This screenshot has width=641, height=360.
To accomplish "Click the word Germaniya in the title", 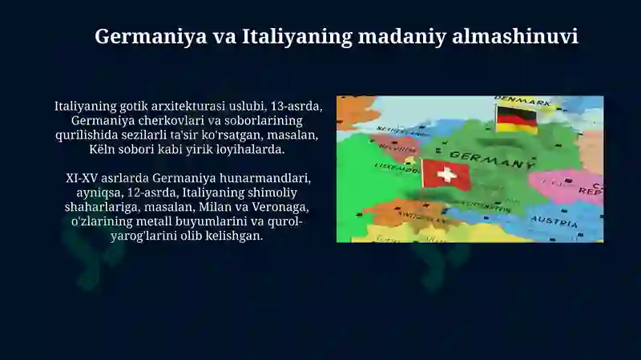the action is [151, 37].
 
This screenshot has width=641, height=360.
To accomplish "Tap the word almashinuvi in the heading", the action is [515, 36].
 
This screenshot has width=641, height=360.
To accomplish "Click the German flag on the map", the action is [516, 119].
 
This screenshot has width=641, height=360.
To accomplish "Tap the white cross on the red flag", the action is [447, 175].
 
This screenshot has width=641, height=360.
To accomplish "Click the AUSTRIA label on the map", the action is [554, 221].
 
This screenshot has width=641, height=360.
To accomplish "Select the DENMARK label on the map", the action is [522, 100].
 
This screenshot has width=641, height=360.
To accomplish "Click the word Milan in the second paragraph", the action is [210, 207].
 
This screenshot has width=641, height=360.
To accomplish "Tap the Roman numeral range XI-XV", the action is [82, 178].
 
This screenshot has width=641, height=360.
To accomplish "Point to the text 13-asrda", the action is [296, 106].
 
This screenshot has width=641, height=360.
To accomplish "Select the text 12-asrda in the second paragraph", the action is [153, 192].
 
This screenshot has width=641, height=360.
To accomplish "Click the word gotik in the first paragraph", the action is [134, 107].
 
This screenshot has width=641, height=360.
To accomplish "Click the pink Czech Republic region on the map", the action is [566, 187].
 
